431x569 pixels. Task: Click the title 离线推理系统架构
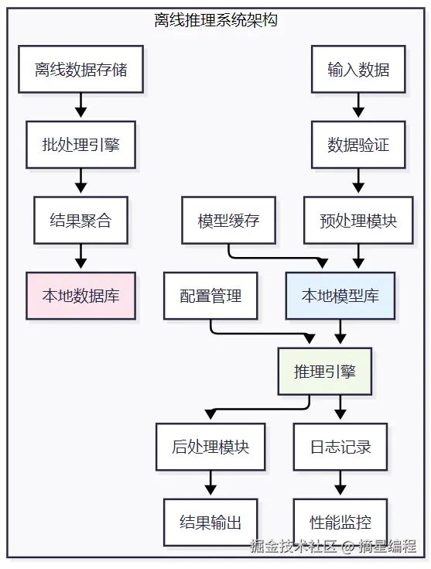[x=216, y=20]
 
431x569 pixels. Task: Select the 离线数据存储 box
[x=81, y=70]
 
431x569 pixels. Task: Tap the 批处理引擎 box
[x=81, y=145]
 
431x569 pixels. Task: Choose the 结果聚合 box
[x=81, y=221]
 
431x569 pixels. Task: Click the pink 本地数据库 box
[x=81, y=296]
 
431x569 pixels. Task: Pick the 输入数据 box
[x=358, y=70]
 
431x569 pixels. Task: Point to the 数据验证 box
[x=358, y=145]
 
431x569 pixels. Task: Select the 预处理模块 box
[x=358, y=221]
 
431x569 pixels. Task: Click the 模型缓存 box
[x=228, y=221]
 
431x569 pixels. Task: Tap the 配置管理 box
[x=210, y=296]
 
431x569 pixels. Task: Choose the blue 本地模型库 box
[x=340, y=296]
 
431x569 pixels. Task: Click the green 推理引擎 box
[x=325, y=372]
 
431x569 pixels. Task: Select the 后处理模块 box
[x=210, y=447]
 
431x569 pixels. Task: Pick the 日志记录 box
[x=340, y=447]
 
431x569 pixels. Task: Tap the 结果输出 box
[x=210, y=523]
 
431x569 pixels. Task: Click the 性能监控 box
[x=340, y=523]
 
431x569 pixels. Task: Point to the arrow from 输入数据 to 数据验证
[x=358, y=105]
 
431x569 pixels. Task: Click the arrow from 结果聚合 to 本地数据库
[x=81, y=256]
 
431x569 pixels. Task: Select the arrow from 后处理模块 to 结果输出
[x=210, y=482]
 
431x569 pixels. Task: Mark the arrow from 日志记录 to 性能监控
[x=340, y=482]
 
